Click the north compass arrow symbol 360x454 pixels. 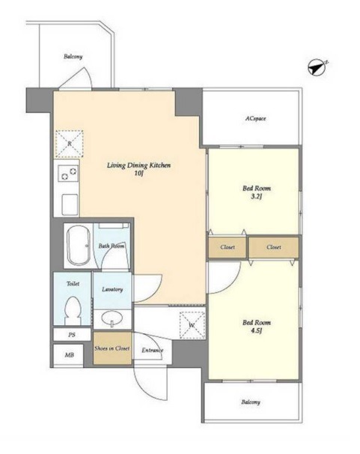point(317,67)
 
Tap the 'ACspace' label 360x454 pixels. point(256,118)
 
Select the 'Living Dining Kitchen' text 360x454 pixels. point(138,166)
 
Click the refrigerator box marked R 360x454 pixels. point(70,144)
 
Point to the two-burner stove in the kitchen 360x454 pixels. point(68,174)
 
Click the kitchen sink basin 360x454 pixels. point(70,205)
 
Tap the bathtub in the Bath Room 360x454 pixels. point(78,246)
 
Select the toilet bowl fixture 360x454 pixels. point(73,311)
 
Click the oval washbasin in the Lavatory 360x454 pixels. point(112,318)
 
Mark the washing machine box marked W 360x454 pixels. point(192,325)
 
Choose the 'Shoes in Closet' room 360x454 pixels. point(112,348)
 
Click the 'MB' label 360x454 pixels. point(69,355)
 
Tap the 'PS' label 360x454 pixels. point(72,335)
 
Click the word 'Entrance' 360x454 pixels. point(153,351)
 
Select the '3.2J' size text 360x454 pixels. point(257,197)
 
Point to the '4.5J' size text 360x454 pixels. point(257,330)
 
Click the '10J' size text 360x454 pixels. point(138,174)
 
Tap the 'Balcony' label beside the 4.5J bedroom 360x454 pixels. point(251,402)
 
